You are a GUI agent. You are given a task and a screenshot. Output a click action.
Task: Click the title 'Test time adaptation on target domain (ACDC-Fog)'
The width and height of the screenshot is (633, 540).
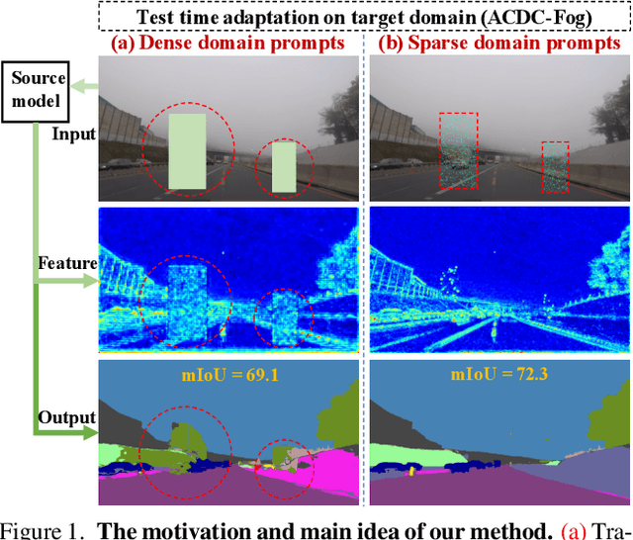[x=365, y=16]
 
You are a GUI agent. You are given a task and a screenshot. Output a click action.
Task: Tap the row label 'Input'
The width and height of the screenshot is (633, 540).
[x=75, y=135]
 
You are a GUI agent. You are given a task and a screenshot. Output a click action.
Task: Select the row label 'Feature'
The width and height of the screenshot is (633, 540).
[x=67, y=263]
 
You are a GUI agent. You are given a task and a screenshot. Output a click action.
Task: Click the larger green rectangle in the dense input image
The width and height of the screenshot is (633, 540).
[x=187, y=151]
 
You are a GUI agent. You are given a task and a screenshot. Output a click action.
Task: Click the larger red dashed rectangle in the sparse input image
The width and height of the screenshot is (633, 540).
[x=459, y=148]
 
